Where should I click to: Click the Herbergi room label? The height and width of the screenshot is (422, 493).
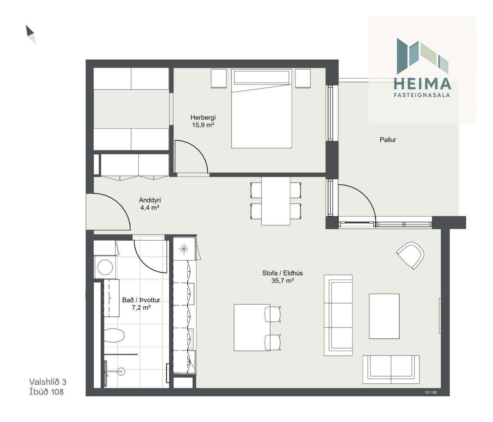[x=203, y=117]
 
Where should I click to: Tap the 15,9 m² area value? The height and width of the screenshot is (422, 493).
[x=203, y=125]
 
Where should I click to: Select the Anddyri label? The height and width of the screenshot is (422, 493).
[x=150, y=200]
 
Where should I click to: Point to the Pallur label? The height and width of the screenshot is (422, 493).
[x=388, y=140]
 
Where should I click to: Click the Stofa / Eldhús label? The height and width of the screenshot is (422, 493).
[x=283, y=273]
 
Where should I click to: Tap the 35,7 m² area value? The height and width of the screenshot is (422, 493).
[x=283, y=281]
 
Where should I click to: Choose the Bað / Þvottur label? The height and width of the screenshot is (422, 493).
[x=141, y=300]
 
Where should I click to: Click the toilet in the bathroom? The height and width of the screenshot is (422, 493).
[x=114, y=335]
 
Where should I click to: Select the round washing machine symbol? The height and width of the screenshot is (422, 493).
[x=105, y=267]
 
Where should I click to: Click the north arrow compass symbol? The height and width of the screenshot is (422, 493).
[x=31, y=34]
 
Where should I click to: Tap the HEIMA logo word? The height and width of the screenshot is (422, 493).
[x=422, y=84]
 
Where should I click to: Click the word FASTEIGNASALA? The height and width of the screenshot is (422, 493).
[x=422, y=95]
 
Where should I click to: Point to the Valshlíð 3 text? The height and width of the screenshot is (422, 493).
[x=48, y=382]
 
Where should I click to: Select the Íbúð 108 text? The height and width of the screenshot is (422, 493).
[x=46, y=392]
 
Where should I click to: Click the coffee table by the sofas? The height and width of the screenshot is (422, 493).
[x=384, y=316]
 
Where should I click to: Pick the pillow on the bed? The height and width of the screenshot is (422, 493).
[x=261, y=77]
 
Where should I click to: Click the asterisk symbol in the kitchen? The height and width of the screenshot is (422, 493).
[x=184, y=249]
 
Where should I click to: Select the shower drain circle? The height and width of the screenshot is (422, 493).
[x=121, y=371]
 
